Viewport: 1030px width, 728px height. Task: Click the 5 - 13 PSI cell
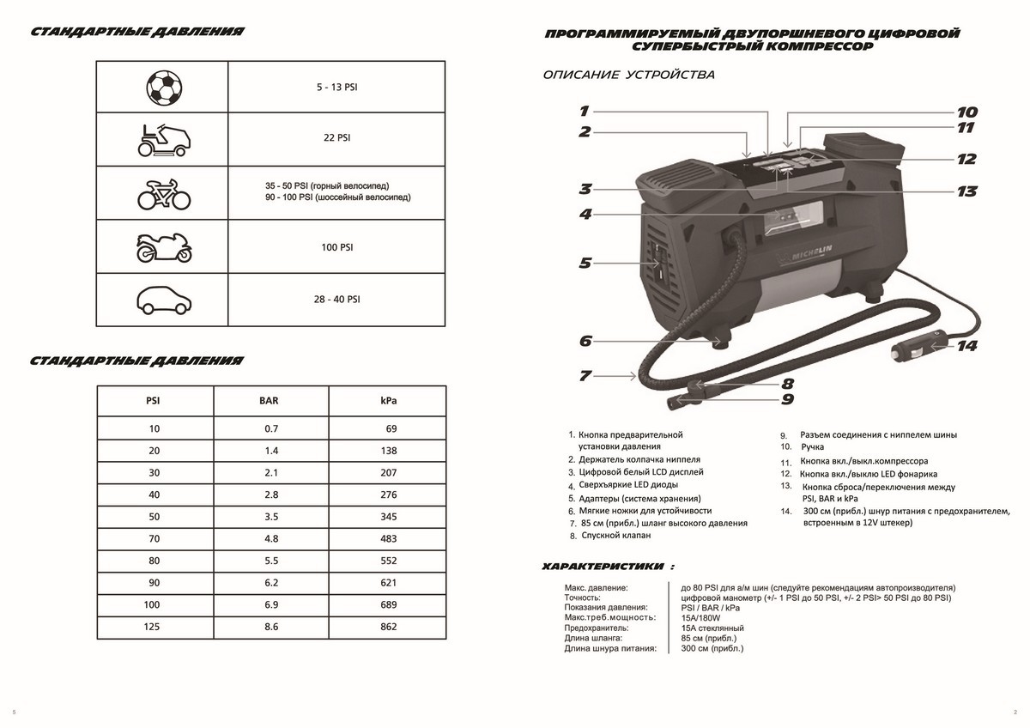click(337, 88)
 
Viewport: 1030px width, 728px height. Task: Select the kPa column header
click(389, 401)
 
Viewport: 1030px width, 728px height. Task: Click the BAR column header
click(270, 401)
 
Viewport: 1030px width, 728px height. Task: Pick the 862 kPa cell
click(389, 627)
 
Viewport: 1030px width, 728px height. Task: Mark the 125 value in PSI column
click(154, 627)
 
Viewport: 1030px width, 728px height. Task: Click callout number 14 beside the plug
click(967, 347)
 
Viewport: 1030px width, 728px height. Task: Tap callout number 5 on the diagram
click(585, 264)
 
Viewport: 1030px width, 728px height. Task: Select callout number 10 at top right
click(966, 112)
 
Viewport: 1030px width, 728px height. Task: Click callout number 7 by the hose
click(585, 375)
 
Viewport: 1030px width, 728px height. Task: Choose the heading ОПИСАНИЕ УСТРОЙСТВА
click(629, 75)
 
